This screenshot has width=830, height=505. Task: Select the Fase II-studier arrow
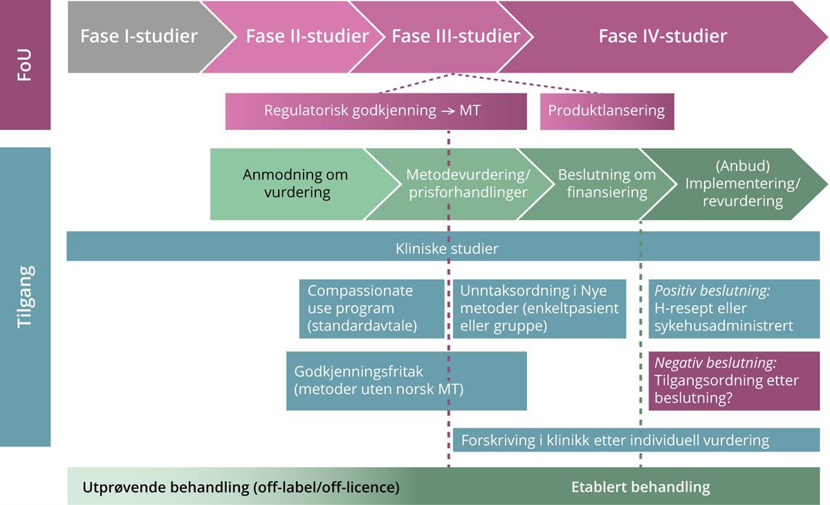tap(306, 36)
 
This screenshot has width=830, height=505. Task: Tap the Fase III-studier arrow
tap(456, 36)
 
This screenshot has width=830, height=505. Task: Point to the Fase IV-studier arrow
tap(662, 36)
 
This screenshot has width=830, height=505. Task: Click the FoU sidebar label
tap(25, 65)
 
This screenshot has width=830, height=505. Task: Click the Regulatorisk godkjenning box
tap(372, 111)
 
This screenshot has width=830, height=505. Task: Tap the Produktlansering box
tap(607, 111)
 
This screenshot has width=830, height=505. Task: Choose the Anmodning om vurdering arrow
tap(295, 183)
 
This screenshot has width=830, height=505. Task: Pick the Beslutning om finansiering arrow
tap(607, 183)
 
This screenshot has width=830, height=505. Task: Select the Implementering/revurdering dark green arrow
tap(742, 183)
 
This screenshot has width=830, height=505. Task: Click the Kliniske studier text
tap(447, 248)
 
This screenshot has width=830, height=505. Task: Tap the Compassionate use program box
tap(371, 309)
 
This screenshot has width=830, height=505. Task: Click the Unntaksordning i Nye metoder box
tap(539, 309)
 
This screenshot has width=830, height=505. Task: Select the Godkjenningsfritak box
tap(406, 380)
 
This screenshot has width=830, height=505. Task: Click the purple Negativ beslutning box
tap(737, 380)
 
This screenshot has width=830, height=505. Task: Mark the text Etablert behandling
tap(640, 487)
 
